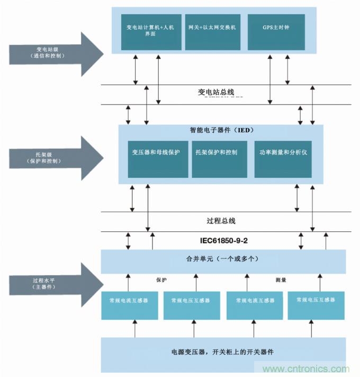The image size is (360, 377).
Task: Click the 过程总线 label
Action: (221, 221)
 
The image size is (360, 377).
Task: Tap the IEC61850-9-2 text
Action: (224, 240)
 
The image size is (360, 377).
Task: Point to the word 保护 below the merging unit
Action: (161, 280)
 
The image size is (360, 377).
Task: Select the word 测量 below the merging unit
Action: (281, 280)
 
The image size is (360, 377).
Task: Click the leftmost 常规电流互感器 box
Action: (129, 300)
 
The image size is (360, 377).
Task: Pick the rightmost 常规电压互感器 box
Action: (316, 300)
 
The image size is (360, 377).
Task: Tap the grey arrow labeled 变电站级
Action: (53, 53)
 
